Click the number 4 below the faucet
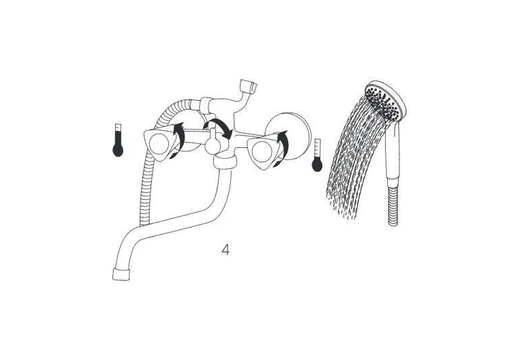(226, 250)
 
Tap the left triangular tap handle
(159, 144)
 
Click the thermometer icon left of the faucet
(118, 140)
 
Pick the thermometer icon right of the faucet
(317, 155)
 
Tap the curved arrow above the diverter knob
(218, 127)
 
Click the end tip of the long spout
(121, 274)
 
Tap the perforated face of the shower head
(383, 102)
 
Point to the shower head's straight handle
(393, 150)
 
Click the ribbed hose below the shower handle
(393, 202)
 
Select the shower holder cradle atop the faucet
(248, 86)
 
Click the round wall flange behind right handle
(288, 132)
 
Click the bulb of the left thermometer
(118, 150)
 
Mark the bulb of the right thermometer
(317, 166)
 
